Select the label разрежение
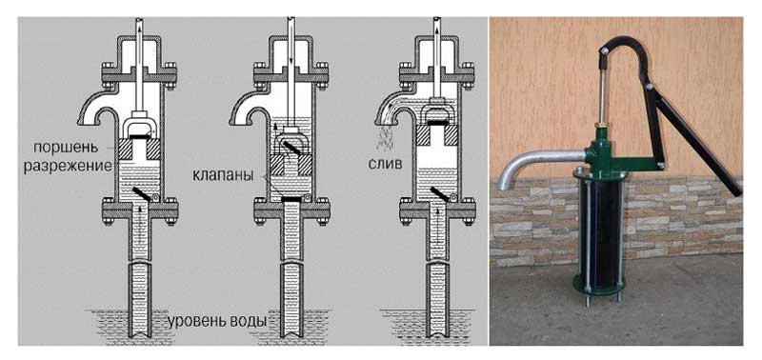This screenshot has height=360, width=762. (68, 165)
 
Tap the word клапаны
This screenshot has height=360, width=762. (223, 175)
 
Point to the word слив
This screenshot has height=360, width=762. (385, 163)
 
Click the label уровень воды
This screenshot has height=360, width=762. (217, 321)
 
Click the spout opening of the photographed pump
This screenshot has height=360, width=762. (506, 183)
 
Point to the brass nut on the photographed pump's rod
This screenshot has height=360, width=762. (601, 127)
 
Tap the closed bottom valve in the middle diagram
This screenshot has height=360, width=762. (295, 199)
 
